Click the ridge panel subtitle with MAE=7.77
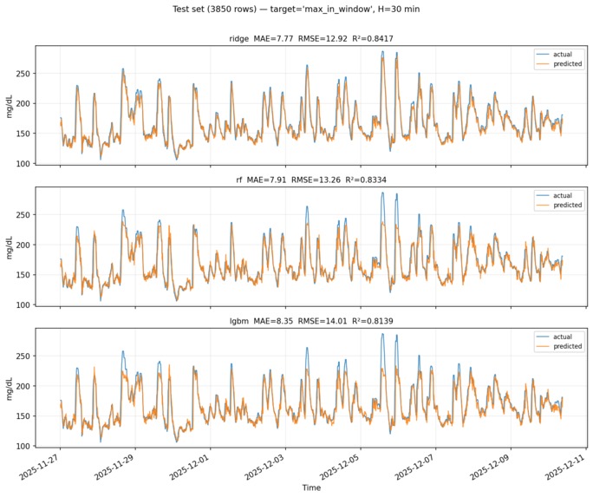pos(311,38)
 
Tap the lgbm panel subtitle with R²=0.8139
pos(311,321)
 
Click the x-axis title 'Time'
pos(311,487)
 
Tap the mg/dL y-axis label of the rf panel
pos(10,245)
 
